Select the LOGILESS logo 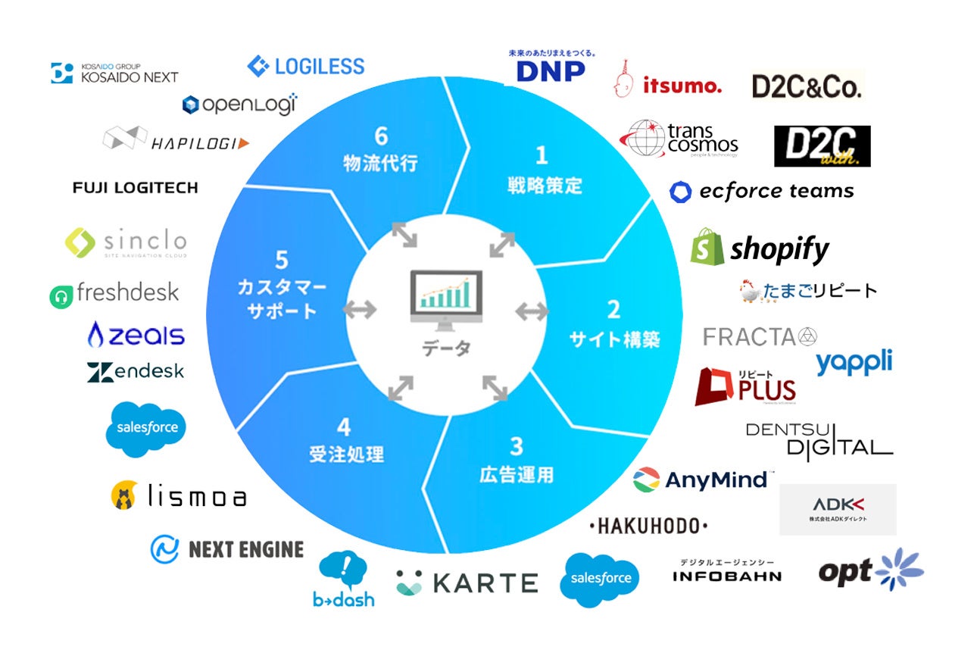pyautogui.click(x=306, y=66)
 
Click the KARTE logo pyautogui.click(x=467, y=582)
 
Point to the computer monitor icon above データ pyautogui.click(x=445, y=301)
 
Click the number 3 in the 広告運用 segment pyautogui.click(x=516, y=445)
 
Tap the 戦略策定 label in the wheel pyautogui.click(x=545, y=185)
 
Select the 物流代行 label pyautogui.click(x=380, y=162)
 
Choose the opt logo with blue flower pyautogui.click(x=871, y=570)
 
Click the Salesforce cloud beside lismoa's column pyautogui.click(x=145, y=428)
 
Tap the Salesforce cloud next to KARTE pyautogui.click(x=600, y=579)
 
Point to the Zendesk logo pyautogui.click(x=136, y=372)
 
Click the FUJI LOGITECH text pyautogui.click(x=135, y=187)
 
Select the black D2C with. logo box pyautogui.click(x=822, y=146)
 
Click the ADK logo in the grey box pyautogui.click(x=838, y=508)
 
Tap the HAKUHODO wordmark pyautogui.click(x=648, y=526)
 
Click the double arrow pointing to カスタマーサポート pyautogui.click(x=360, y=309)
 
